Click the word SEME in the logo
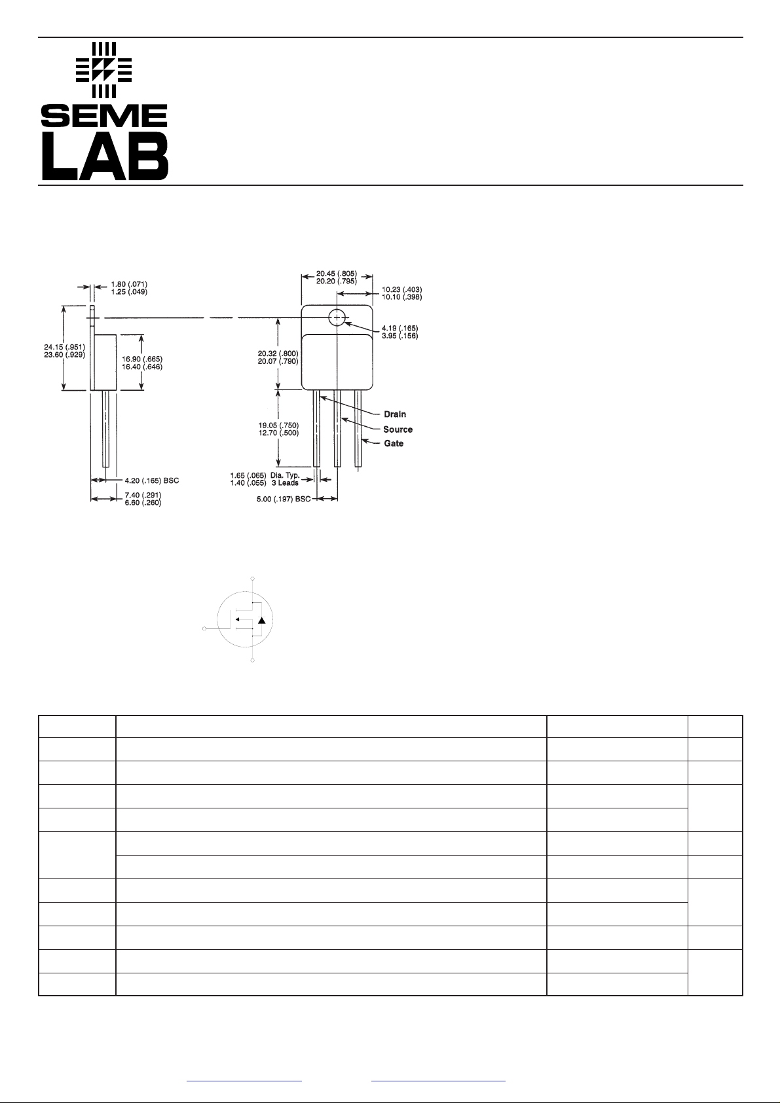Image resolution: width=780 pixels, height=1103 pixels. [x=104, y=117]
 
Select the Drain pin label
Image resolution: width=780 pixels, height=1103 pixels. [x=395, y=414]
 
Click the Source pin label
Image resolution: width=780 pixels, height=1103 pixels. [x=398, y=429]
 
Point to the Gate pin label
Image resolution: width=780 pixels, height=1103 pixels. [x=394, y=444]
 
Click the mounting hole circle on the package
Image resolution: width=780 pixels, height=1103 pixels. [x=337, y=317]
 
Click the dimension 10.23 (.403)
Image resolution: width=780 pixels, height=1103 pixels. [x=402, y=289]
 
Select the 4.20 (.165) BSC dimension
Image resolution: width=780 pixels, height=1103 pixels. [x=151, y=480]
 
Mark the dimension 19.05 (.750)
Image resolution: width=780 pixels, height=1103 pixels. [x=278, y=425]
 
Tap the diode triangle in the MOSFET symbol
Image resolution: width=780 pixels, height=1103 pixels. [x=262, y=621]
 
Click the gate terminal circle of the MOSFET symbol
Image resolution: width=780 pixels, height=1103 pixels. [x=205, y=628]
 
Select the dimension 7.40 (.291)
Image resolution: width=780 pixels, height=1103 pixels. [x=143, y=496]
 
